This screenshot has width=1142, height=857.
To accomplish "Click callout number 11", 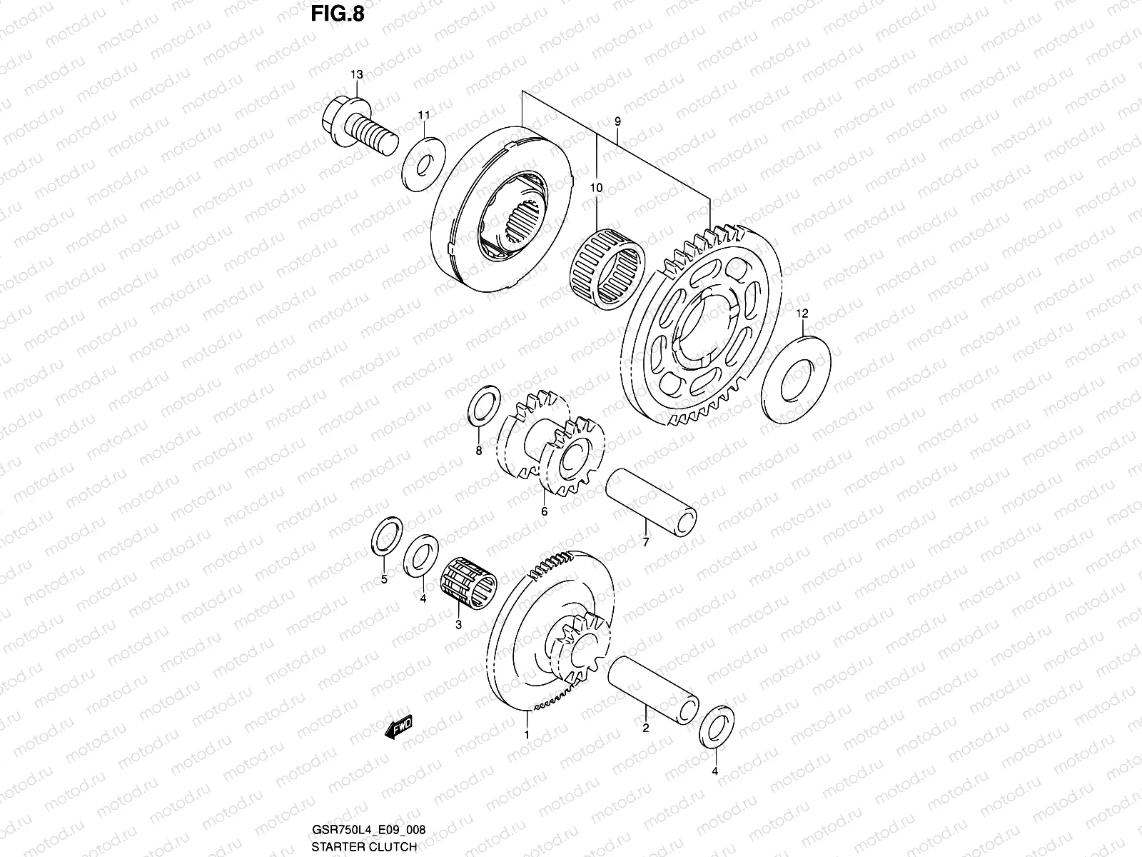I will tap(424, 115).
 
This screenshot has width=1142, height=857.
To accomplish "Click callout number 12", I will tap(802, 314).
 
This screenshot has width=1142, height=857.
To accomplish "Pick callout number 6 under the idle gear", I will tap(544, 511).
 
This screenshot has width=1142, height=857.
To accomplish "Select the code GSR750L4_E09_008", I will tap(369, 831).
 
